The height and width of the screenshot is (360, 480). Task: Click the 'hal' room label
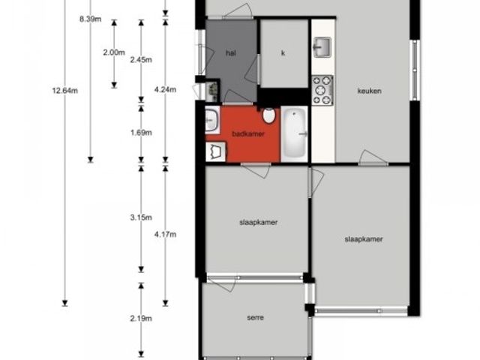[231, 53]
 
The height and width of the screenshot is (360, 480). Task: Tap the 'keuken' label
[370, 91]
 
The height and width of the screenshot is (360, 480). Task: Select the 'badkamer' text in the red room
[248, 133]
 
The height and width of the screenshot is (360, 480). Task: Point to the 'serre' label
[255, 317]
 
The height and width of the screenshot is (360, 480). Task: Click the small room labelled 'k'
[283, 53]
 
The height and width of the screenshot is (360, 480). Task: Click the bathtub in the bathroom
[295, 133]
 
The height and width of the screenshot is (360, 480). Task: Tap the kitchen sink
[322, 47]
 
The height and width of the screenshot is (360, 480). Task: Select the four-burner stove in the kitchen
[322, 91]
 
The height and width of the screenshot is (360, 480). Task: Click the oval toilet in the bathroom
[268, 115]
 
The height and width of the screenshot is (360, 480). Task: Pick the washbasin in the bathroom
[211, 120]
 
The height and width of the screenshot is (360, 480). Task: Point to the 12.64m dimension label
[65, 91]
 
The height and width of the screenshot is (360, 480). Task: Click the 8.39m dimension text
[90, 19]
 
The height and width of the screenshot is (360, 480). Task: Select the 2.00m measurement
[114, 52]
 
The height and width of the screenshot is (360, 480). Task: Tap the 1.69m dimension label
[141, 133]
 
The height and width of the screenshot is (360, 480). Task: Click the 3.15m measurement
[141, 217]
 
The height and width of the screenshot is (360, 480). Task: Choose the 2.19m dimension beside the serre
[141, 318]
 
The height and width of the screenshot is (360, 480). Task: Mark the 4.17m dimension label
[165, 235]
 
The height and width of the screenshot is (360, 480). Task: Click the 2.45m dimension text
[141, 59]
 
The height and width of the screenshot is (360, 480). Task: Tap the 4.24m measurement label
[165, 89]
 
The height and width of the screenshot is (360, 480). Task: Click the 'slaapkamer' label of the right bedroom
[364, 239]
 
